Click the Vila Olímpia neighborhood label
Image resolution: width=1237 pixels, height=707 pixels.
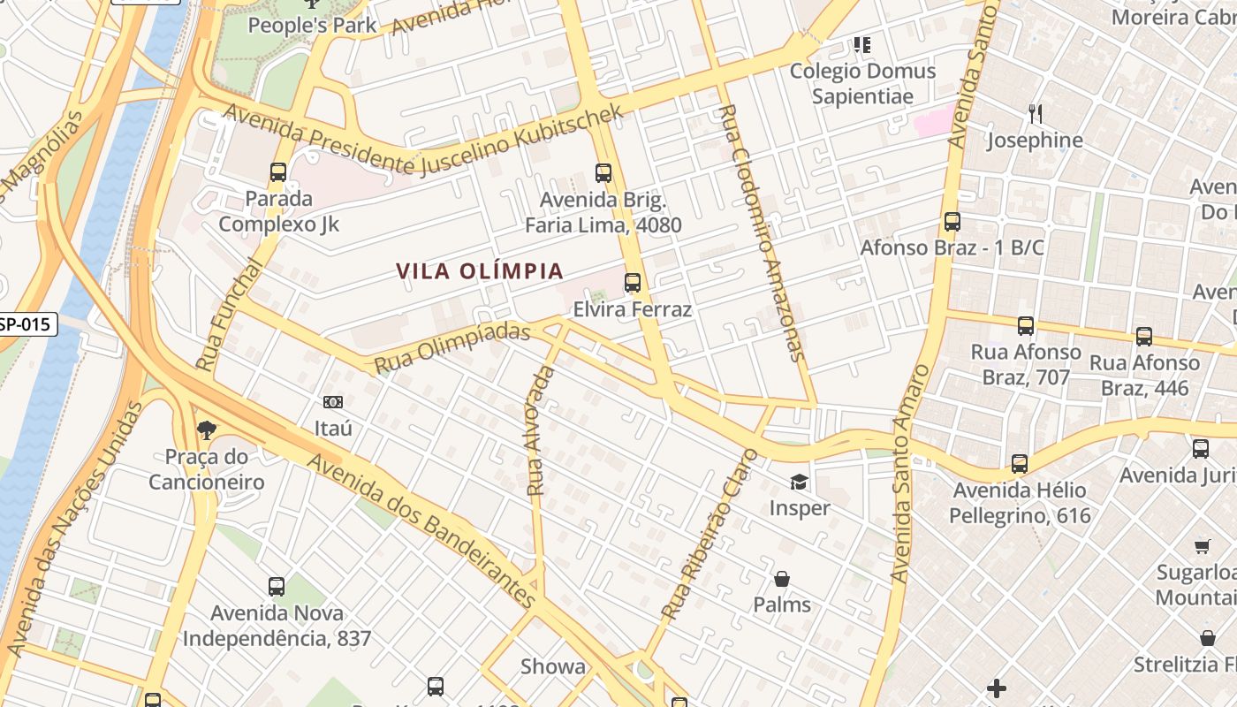[x=480, y=271]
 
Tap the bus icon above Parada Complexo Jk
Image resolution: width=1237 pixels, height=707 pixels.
[x=278, y=172]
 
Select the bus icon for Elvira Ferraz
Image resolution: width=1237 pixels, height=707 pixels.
[x=633, y=283]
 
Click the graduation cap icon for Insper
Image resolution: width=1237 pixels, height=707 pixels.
[x=800, y=482]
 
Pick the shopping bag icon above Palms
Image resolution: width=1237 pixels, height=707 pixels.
[x=782, y=579]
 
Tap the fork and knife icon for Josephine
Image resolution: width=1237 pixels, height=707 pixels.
[x=1036, y=113]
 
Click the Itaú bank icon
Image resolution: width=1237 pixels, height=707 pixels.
[x=333, y=402]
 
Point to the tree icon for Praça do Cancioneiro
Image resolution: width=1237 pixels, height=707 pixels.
[x=207, y=430]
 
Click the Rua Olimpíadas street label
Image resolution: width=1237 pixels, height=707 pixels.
[x=452, y=348]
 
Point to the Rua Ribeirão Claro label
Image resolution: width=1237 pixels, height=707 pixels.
[x=710, y=534]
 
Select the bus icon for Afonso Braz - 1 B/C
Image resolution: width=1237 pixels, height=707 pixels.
[x=952, y=222]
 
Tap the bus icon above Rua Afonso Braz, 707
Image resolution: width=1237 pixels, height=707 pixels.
[x=1025, y=326]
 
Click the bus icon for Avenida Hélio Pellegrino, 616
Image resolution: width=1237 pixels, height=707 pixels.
[x=1020, y=464]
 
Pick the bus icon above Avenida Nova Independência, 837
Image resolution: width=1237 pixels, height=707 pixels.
[x=277, y=586]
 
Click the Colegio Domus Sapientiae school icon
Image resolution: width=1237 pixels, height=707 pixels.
[x=862, y=44]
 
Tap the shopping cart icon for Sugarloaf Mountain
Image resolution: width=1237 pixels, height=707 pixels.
[x=1202, y=546]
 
